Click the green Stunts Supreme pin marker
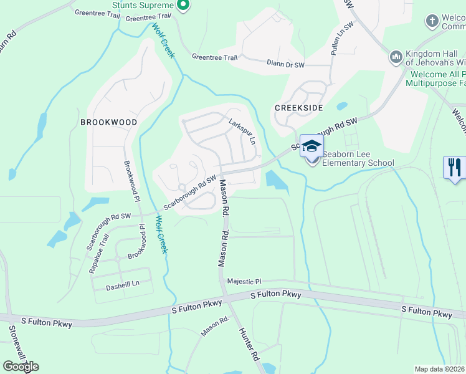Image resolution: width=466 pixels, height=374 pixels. [183, 6]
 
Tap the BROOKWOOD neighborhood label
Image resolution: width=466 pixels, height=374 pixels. [108, 123]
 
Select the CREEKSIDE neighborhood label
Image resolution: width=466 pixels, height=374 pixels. [299, 108]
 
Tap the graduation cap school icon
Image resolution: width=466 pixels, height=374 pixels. [312, 146]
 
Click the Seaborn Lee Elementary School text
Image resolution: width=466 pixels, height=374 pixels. [358, 163]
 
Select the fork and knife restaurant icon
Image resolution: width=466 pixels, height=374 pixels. [454, 166]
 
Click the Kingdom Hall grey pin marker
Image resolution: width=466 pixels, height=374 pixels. [396, 58]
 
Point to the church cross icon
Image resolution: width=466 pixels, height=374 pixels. [431, 21]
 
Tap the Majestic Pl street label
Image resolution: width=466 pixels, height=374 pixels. [245, 282]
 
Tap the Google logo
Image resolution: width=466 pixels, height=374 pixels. [21, 367]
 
